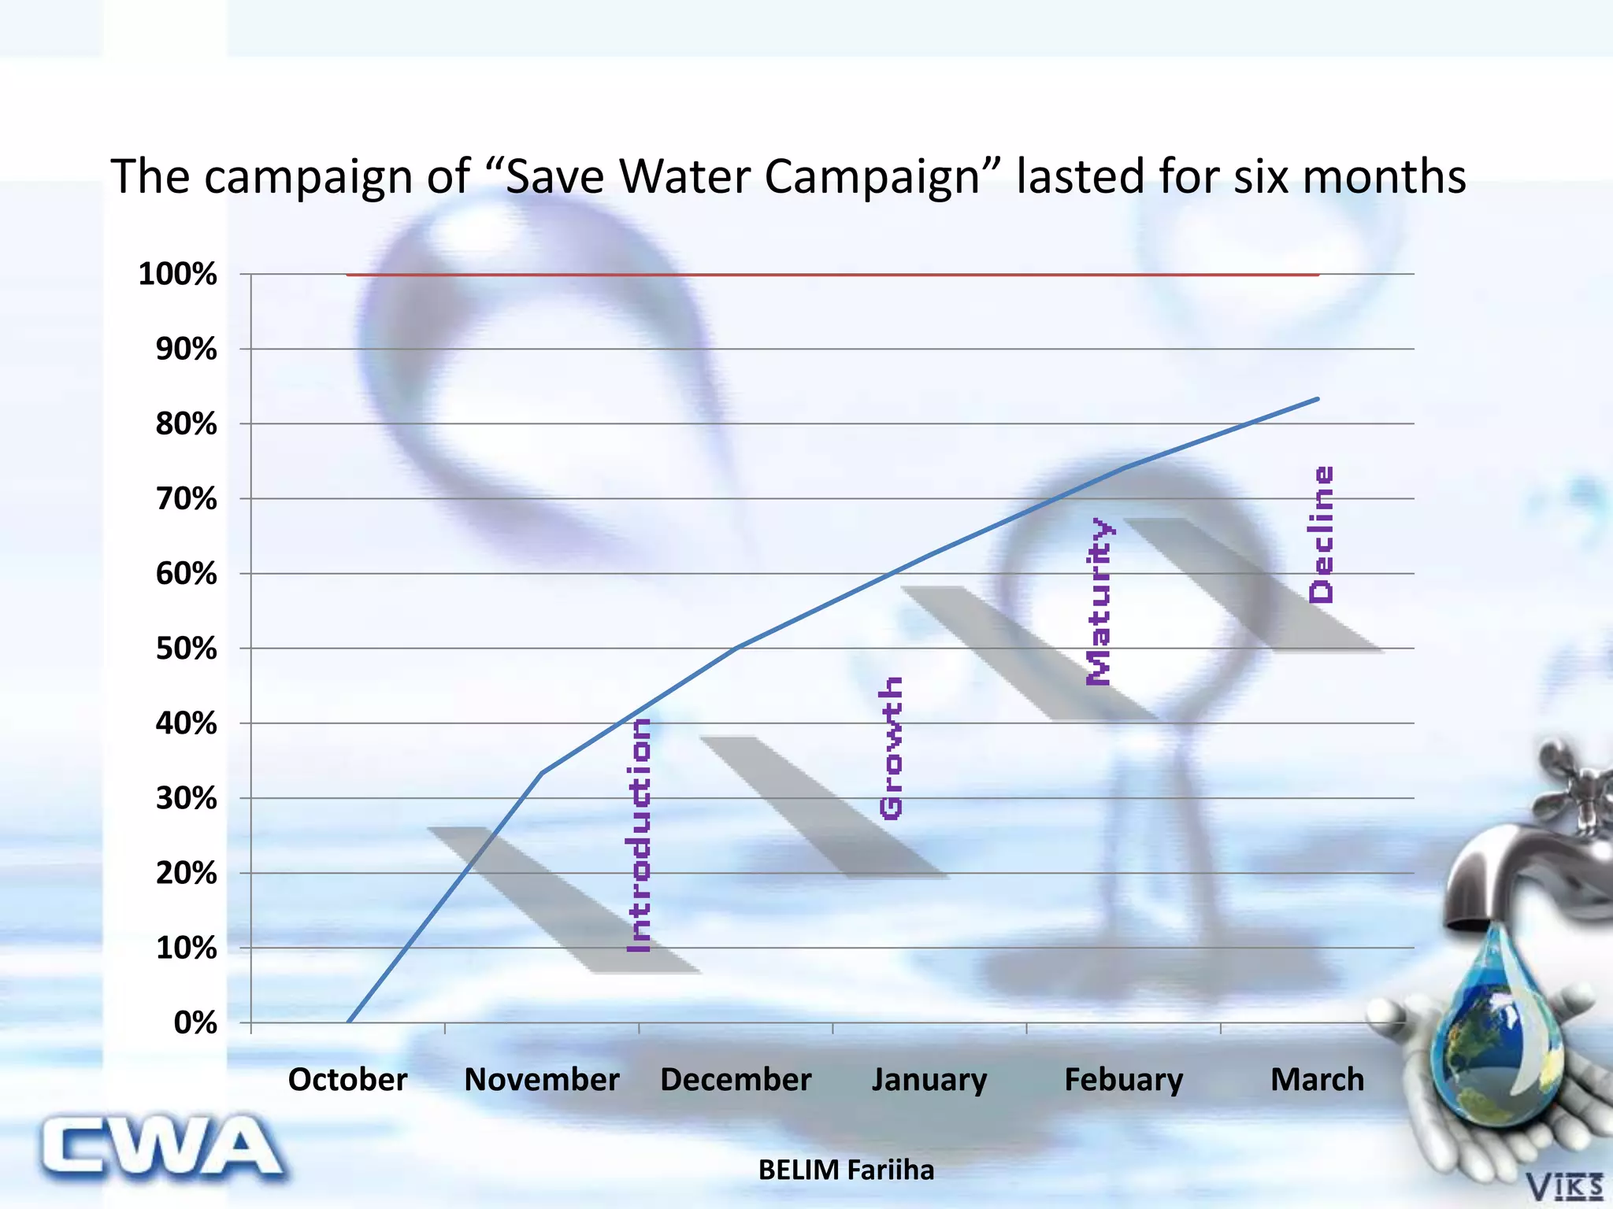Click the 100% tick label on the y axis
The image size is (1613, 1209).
point(177,275)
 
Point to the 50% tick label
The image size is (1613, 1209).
point(186,649)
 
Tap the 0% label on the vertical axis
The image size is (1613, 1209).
point(195,1022)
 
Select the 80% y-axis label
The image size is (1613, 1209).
point(186,424)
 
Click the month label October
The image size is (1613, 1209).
point(347,1079)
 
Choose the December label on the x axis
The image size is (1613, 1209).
point(736,1079)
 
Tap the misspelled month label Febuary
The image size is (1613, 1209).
point(1123,1079)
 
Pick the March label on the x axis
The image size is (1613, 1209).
point(1317,1079)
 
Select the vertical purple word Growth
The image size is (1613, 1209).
point(891,748)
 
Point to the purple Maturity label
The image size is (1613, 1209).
point(1099,601)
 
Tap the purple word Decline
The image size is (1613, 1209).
point(1321,535)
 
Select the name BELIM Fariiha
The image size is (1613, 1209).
point(846,1170)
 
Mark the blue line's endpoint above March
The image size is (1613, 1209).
point(1318,399)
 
